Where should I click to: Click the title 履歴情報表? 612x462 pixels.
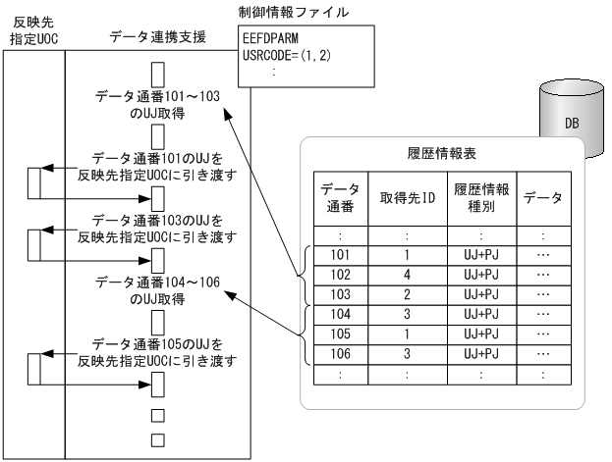[439, 156]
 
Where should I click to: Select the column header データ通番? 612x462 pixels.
[340, 198]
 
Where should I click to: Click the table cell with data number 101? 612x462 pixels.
[340, 254]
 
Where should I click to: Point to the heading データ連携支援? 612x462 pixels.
[157, 36]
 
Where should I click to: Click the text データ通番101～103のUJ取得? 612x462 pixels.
[157, 105]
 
